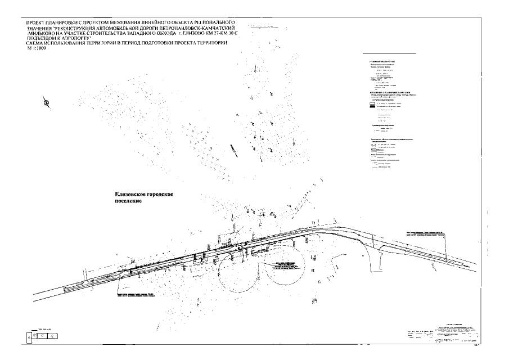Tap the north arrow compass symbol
[x=47, y=102]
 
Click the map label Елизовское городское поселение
[x=143, y=197]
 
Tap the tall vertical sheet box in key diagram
[x=29, y=337]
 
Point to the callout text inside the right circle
[x=285, y=267]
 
